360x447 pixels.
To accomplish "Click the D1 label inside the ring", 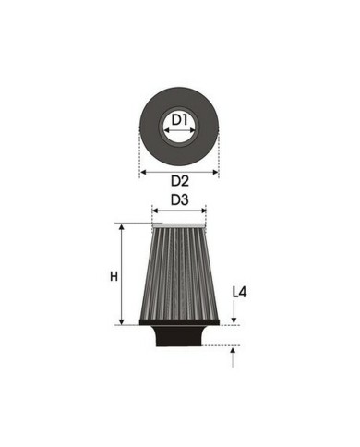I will [179, 119].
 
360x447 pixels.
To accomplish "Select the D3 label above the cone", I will [179, 199].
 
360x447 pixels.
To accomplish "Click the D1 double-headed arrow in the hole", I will [179, 131].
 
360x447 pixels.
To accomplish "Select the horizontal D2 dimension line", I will [179, 172].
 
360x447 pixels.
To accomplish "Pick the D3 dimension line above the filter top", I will [179, 211].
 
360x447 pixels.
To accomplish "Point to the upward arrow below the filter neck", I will [235, 355].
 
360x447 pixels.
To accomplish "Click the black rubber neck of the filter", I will [179, 338].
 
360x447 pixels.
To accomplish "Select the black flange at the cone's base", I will [179, 323].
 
